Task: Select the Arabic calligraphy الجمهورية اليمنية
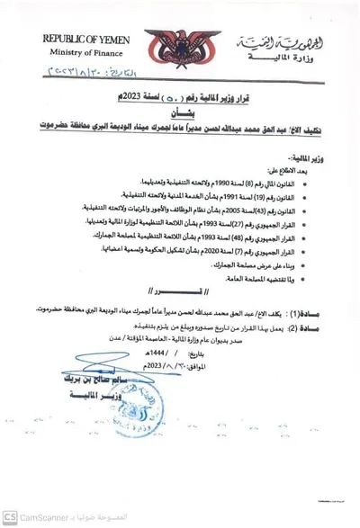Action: [x=275, y=43]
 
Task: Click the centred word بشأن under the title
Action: [x=180, y=112]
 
